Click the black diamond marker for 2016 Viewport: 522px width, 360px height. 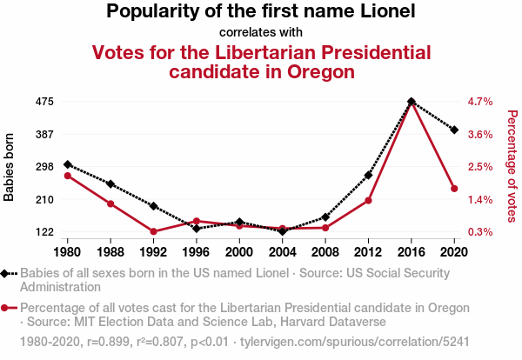tap(411, 102)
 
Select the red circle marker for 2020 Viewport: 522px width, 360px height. tap(454, 189)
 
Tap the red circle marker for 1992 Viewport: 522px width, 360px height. tap(153, 231)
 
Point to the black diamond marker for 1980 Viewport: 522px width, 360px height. tap(67, 164)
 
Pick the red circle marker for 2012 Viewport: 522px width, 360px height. tap(368, 201)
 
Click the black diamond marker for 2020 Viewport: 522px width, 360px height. tap(454, 130)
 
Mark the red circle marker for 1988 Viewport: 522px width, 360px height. tap(110, 203)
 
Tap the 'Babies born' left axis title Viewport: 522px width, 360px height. tap(10, 167)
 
